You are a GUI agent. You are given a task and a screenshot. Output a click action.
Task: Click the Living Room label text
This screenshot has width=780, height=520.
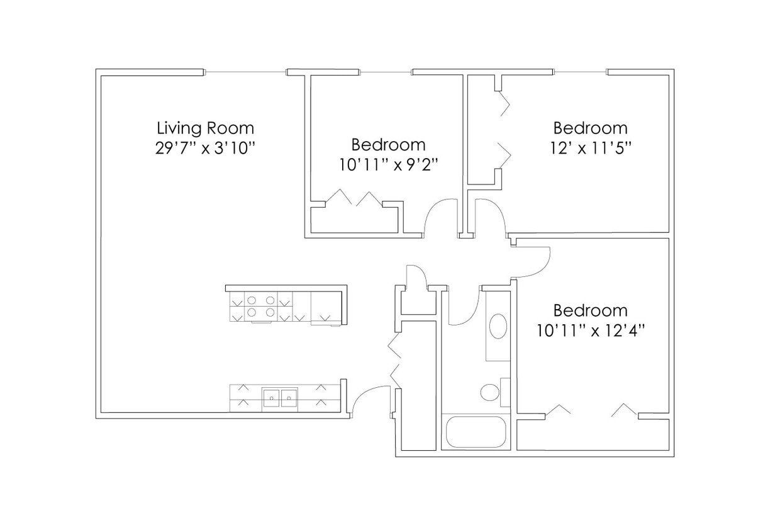[205, 128]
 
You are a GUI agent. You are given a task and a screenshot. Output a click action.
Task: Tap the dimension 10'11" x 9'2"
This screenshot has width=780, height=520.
[388, 164]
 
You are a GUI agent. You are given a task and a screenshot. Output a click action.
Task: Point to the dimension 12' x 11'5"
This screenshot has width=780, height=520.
[590, 148]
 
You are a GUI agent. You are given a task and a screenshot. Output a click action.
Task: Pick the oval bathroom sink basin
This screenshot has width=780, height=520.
[498, 326]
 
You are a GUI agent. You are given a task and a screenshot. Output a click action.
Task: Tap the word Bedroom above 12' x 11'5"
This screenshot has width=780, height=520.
[590, 128]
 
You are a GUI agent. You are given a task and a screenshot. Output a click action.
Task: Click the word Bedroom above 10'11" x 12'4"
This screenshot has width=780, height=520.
[590, 310]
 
